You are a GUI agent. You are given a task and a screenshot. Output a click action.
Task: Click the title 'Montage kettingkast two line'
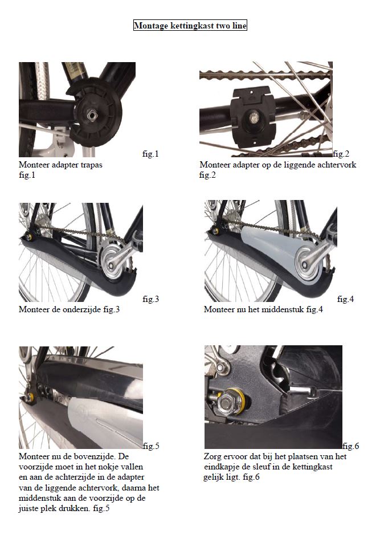pyautogui.click(x=190, y=26)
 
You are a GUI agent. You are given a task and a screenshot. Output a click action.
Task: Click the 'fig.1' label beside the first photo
pyautogui.click(x=150, y=154)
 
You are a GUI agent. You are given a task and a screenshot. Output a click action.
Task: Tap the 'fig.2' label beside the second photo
pyautogui.click(x=341, y=154)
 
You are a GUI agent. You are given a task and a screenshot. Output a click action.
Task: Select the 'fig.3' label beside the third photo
pyautogui.click(x=151, y=299)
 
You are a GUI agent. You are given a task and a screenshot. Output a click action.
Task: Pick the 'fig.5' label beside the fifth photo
pyautogui.click(x=151, y=446)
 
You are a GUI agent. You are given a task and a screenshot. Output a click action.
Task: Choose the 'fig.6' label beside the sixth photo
pyautogui.click(x=351, y=446)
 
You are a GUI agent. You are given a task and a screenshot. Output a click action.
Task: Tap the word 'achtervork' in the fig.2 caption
pyautogui.click(x=336, y=165)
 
